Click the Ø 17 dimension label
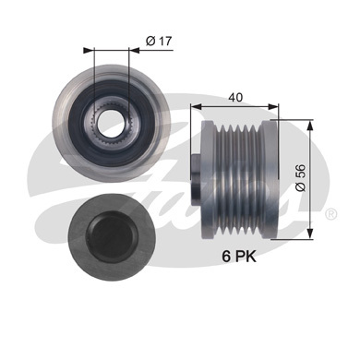[159, 41]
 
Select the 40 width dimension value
[235, 98]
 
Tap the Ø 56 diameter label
[301, 177]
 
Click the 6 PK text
[239, 257]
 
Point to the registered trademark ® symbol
[330, 214]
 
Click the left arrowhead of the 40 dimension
[196, 106]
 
